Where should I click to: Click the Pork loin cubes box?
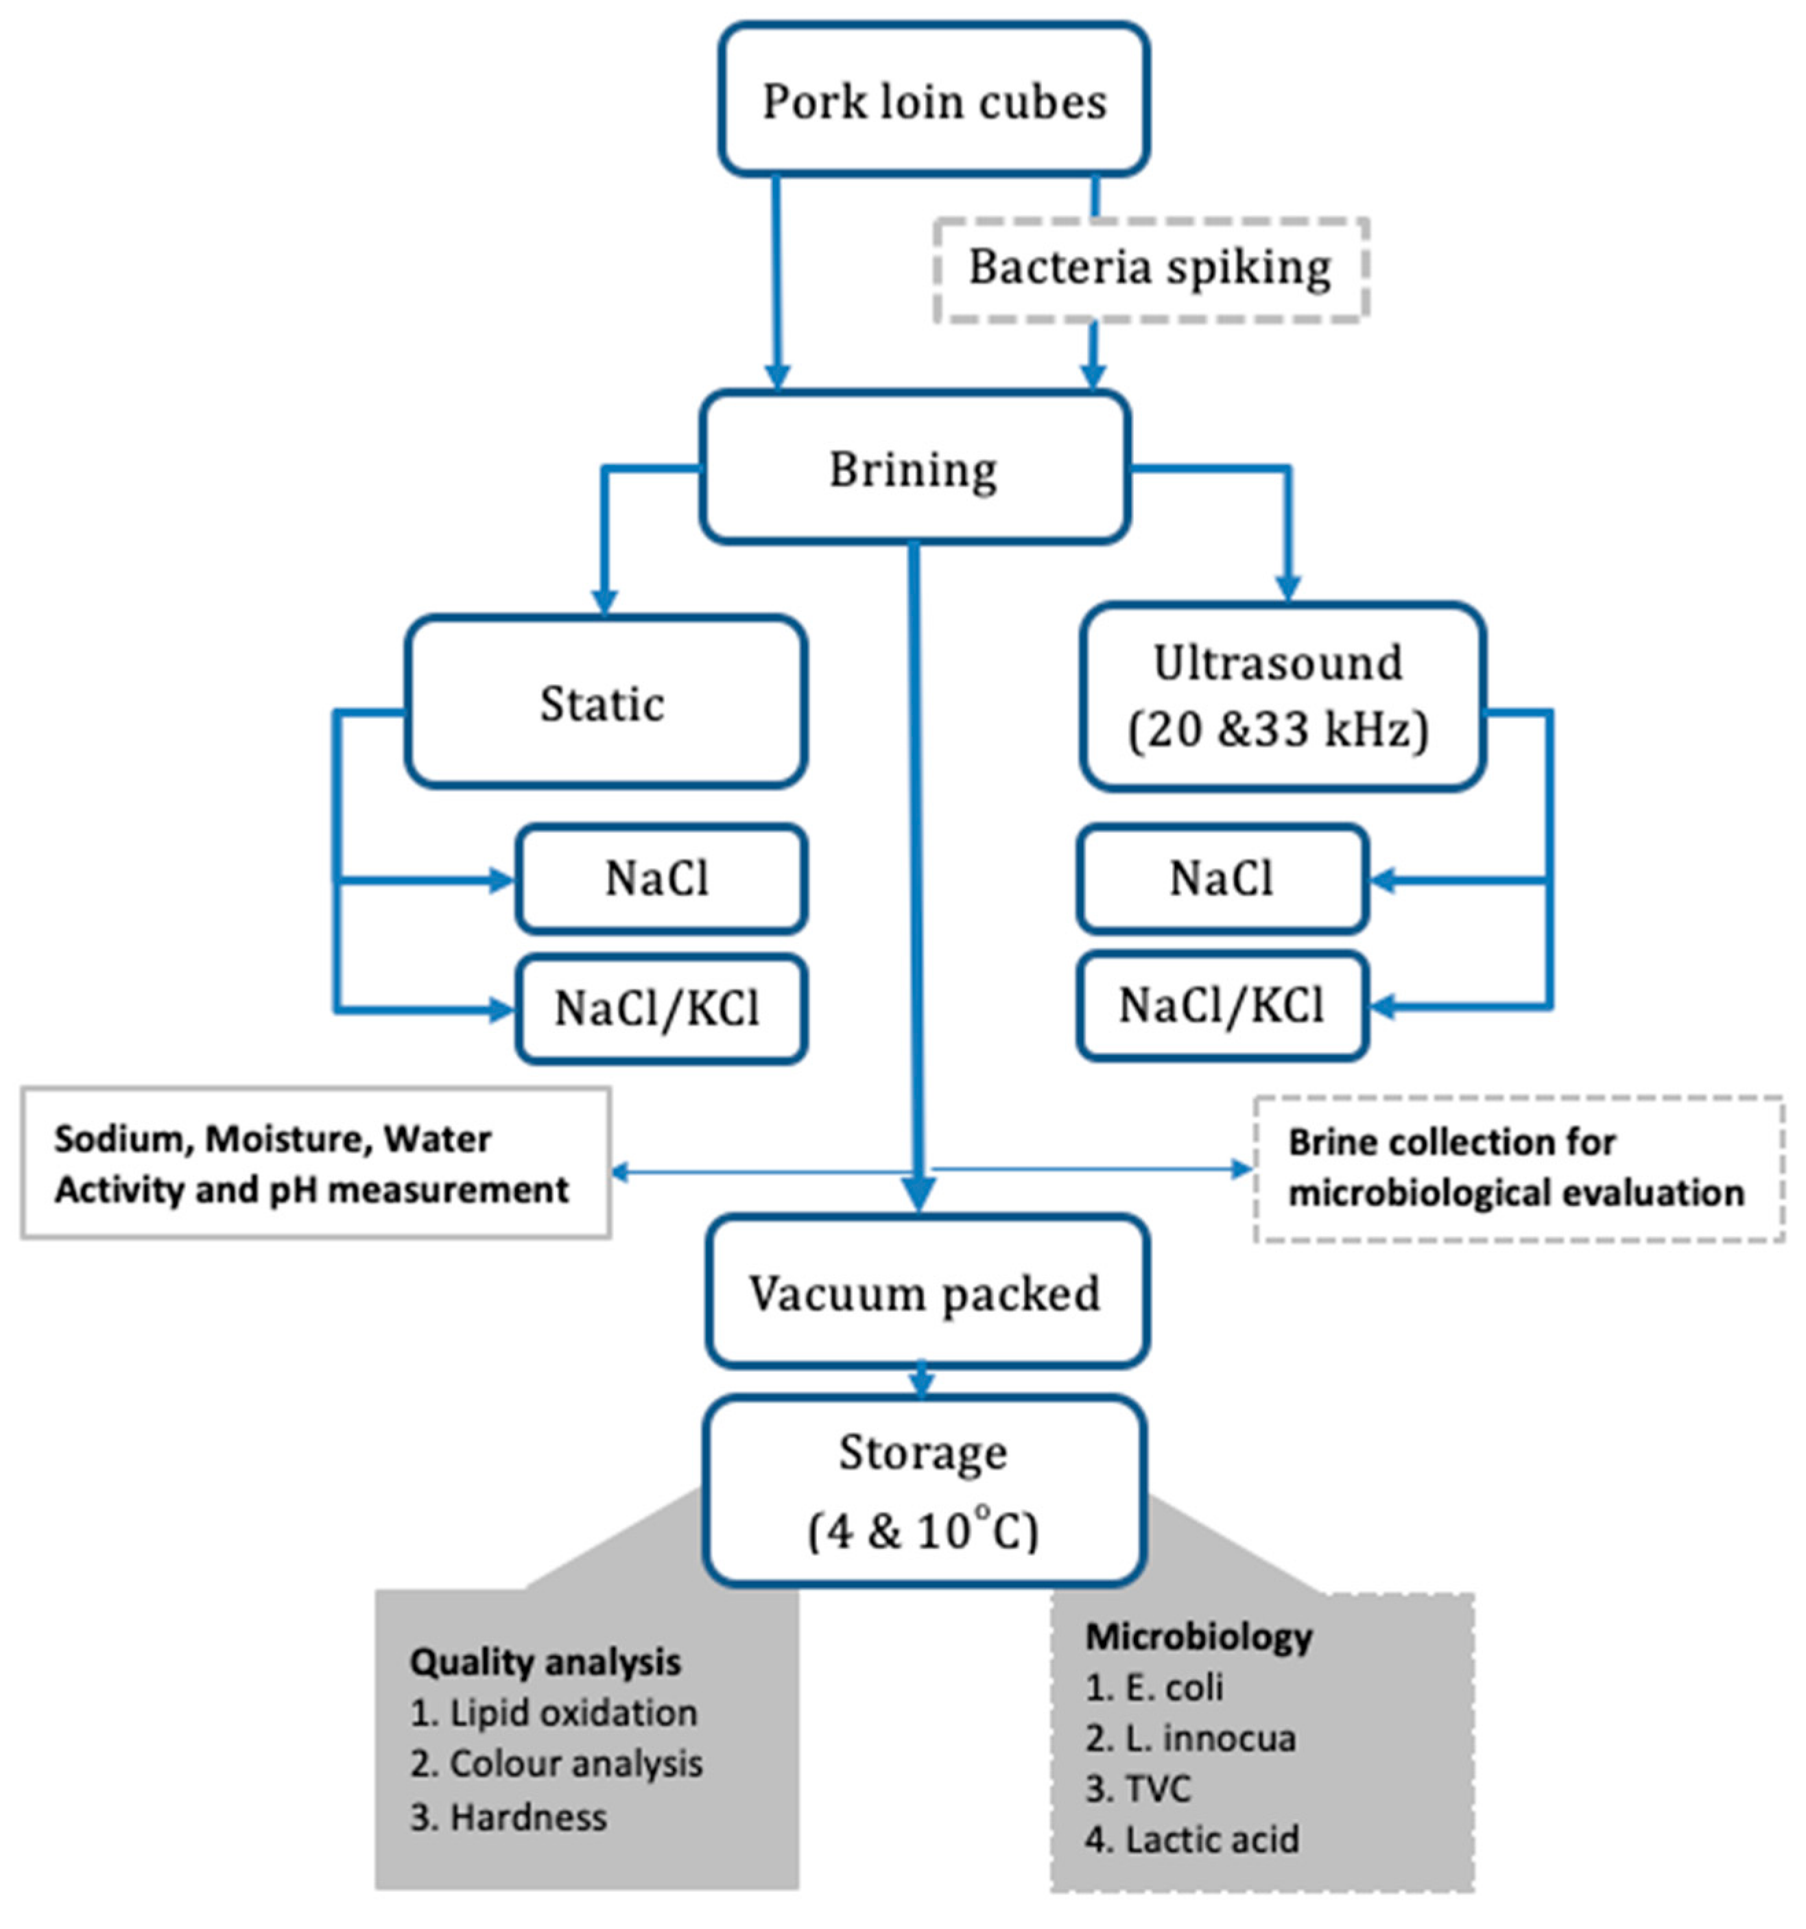coord(934,100)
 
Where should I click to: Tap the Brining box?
coord(914,468)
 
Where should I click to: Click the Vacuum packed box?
coord(927,1292)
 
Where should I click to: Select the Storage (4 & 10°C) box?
coord(924,1489)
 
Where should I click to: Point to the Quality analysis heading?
coord(545,1662)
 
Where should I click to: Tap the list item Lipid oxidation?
coord(554,1713)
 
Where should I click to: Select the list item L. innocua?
coord(1191,1738)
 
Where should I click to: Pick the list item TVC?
coord(1139,1788)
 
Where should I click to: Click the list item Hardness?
coord(508,1817)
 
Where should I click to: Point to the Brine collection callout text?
coord(1517,1168)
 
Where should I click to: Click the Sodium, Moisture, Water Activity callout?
coord(313,1163)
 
